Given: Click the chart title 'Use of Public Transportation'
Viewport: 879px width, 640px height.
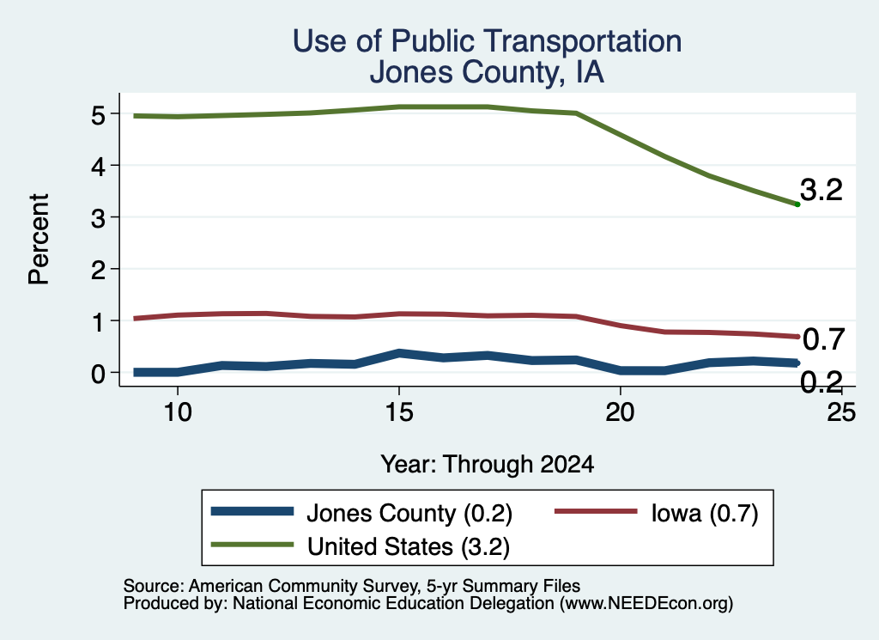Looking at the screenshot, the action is (488, 41).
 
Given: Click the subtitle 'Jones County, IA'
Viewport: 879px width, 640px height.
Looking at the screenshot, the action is (488, 72).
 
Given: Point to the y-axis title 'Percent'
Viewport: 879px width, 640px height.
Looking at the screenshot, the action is (39, 239).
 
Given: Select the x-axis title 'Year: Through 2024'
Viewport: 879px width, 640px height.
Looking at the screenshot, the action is (488, 465).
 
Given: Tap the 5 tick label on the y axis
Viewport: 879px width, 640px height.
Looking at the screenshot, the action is (98, 115).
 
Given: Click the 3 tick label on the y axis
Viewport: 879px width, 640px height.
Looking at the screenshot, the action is (98, 218).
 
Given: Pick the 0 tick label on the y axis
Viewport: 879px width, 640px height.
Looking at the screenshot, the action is (98, 374).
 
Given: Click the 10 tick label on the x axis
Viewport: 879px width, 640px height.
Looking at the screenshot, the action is (177, 412).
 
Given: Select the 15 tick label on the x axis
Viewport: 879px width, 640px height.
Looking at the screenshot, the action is (398, 412).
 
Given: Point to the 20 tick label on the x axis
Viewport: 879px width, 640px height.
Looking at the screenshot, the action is (620, 412).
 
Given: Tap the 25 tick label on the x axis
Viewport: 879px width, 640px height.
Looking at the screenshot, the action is (841, 412).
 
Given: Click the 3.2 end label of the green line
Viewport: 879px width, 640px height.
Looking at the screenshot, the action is (821, 190).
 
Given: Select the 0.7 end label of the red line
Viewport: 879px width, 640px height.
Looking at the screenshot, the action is (823, 339).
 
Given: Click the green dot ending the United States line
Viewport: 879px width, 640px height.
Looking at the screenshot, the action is (797, 204).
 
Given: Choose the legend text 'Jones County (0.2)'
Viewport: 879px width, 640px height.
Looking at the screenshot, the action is (409, 513).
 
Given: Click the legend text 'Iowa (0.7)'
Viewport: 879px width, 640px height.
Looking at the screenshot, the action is (705, 513).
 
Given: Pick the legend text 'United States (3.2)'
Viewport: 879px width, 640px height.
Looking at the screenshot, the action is (409, 546).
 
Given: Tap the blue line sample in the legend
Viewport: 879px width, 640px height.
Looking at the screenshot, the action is (252, 511).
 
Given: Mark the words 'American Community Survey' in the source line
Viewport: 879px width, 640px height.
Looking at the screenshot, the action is (304, 586).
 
